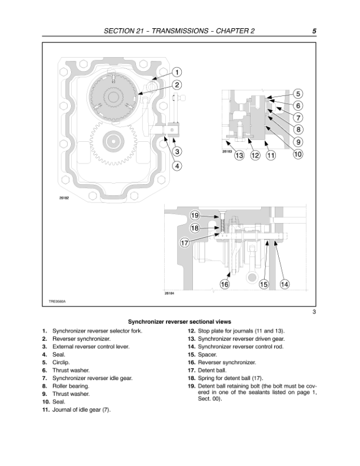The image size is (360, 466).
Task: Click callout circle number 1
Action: pos(176,72)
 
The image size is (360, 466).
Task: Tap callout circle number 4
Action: pos(176,165)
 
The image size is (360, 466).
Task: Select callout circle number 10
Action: pos(298,154)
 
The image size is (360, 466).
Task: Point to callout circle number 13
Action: pos(239,155)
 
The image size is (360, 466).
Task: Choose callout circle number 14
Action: pos(285,284)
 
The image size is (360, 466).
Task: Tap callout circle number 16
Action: pos(224,284)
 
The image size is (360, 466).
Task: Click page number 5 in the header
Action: pos(315,31)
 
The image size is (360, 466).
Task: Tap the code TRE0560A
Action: pos(57,302)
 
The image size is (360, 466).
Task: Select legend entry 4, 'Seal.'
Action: pos(58,355)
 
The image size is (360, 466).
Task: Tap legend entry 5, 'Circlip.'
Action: pos(61,363)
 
